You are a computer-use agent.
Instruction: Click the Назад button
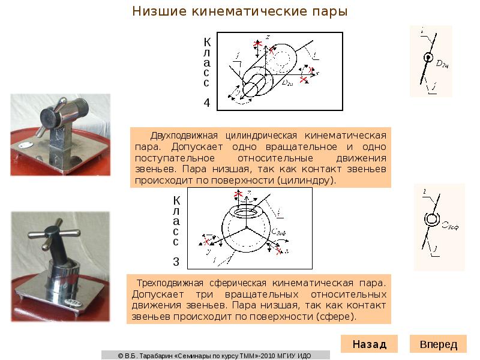pos(369,344)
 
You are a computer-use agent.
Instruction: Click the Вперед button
pos(438,344)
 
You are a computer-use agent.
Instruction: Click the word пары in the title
pos(327,11)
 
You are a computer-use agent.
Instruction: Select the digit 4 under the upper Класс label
pos(206,103)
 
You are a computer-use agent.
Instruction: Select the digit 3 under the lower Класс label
pos(176,262)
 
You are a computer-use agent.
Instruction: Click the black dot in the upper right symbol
pos(428,58)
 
